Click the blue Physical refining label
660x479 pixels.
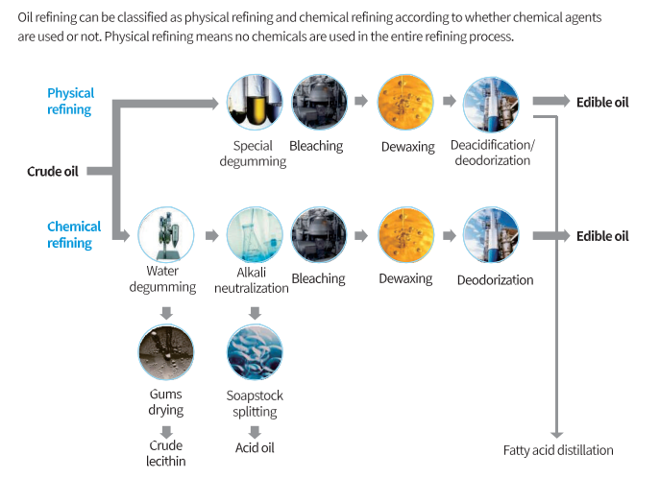point(71,101)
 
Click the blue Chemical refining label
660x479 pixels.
point(74,234)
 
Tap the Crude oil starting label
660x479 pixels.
point(52,171)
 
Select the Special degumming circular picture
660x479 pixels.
point(255,104)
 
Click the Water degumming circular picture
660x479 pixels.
point(166,236)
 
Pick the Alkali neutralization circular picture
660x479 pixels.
point(255,236)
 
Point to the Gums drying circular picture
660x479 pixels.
point(166,353)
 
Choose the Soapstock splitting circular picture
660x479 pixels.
point(255,353)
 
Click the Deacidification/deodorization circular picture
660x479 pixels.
point(491,104)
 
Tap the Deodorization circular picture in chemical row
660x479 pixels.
point(491,236)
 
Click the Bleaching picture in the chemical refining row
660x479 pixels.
point(319,236)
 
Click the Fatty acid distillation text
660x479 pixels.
point(557,449)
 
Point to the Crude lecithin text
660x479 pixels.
point(166,453)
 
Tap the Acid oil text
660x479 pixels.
point(255,447)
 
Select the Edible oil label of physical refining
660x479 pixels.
point(602,102)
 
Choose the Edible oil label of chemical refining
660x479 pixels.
point(602,235)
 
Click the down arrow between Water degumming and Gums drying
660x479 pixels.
point(166,313)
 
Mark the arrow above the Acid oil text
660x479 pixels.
point(255,432)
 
